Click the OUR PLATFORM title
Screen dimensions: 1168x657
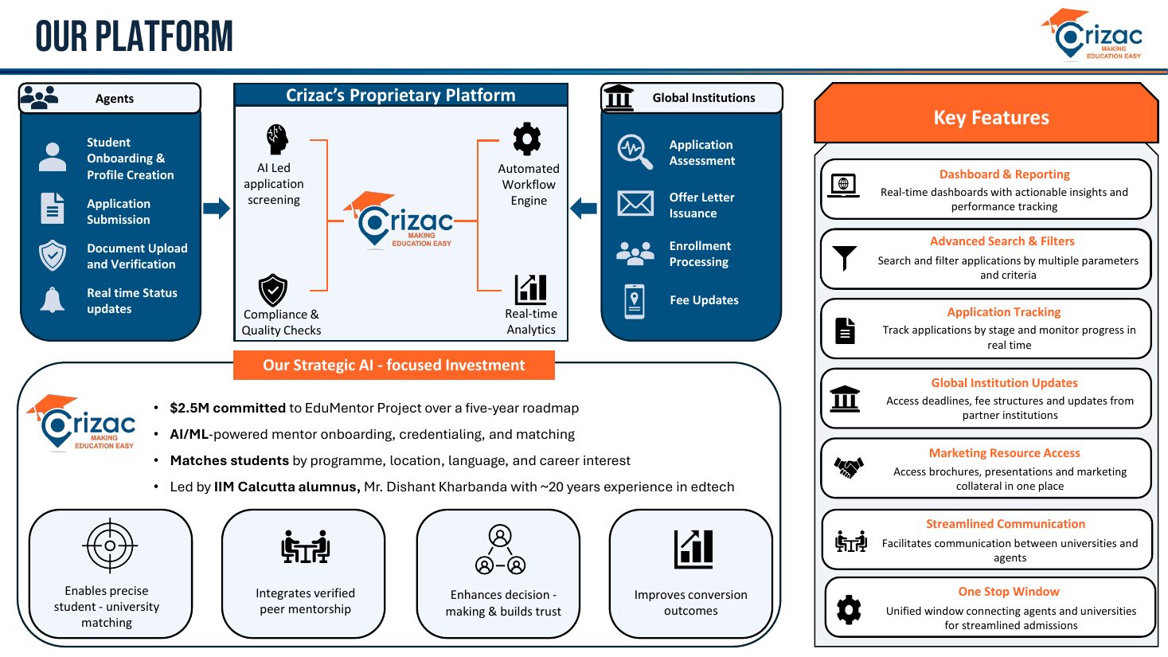(134, 36)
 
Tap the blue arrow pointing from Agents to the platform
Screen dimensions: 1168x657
(217, 209)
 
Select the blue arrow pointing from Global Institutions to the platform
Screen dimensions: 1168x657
(584, 209)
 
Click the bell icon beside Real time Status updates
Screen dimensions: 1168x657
(52, 299)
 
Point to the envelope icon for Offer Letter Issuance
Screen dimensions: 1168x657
(635, 203)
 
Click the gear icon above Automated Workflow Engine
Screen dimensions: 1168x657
(526, 139)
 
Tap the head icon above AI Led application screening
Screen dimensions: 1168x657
(277, 139)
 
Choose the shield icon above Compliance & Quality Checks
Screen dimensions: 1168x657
(273, 290)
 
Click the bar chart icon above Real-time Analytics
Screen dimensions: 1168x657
(531, 289)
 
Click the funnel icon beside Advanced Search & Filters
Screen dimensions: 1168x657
(844, 258)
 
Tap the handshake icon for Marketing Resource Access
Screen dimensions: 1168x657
(849, 467)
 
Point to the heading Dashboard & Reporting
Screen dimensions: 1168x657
(1004, 174)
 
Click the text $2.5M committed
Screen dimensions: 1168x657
(228, 408)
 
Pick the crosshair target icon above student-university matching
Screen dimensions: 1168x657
(110, 546)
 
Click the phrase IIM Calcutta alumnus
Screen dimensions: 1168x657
(287, 487)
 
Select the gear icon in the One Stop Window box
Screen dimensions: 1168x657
(849, 609)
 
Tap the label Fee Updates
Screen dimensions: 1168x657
(704, 299)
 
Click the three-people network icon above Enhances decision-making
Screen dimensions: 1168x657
(500, 549)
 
